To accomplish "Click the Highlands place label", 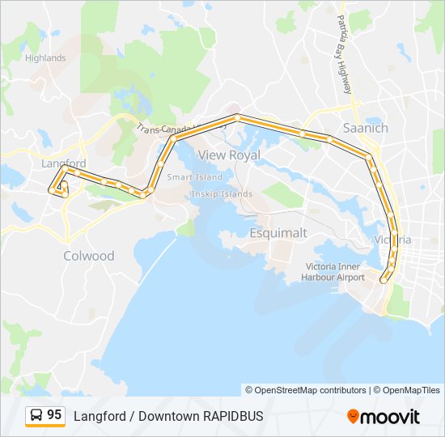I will click(45, 58).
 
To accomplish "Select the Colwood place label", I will click(89, 256).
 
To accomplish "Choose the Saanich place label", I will click(366, 128).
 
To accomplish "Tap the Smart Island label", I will click(194, 177).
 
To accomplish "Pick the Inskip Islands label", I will click(222, 194).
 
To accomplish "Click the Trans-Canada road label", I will click(162, 129).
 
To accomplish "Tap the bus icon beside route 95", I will click(36, 416).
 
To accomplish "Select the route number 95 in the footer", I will click(54, 415).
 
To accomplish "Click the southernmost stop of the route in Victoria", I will click(383, 280).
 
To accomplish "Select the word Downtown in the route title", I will click(167, 416).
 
